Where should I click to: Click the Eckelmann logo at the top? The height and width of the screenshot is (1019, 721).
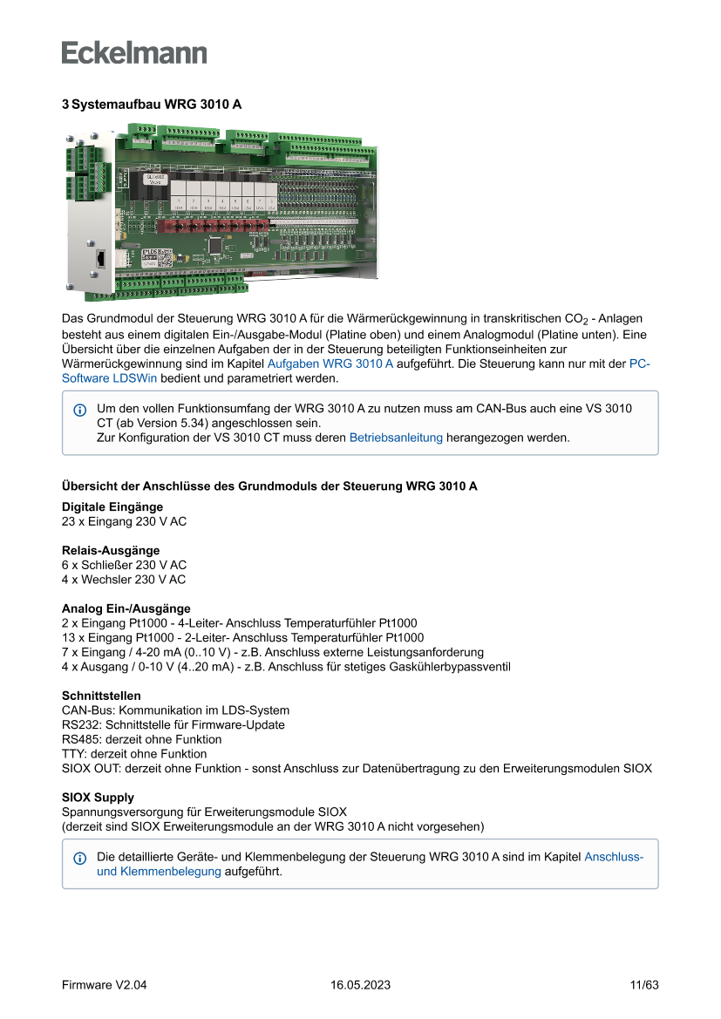(134, 52)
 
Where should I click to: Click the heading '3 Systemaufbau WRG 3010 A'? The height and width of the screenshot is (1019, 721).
(151, 105)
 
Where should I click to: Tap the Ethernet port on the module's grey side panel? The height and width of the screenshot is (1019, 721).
(101, 258)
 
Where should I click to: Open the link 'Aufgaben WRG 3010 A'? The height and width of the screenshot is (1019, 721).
(330, 363)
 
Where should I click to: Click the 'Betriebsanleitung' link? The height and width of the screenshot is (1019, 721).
(396, 438)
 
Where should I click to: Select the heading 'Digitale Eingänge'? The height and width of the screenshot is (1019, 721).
(112, 506)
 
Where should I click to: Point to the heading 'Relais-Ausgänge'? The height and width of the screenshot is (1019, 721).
(111, 550)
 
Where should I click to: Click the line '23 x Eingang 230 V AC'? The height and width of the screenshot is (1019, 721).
(124, 521)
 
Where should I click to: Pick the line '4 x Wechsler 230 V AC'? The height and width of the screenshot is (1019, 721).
(124, 580)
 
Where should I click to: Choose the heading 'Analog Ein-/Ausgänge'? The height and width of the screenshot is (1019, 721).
(126, 608)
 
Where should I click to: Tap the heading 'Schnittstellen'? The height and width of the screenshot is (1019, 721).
(101, 696)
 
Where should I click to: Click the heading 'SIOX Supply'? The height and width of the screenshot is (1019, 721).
(98, 798)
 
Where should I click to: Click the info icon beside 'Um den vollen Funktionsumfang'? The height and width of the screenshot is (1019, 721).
(80, 410)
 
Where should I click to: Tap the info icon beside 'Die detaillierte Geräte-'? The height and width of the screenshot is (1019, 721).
(80, 859)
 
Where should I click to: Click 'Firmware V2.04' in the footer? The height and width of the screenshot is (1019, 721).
(105, 985)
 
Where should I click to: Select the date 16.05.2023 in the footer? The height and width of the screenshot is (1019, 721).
(360, 985)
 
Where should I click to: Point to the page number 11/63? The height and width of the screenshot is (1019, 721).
(643, 985)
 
